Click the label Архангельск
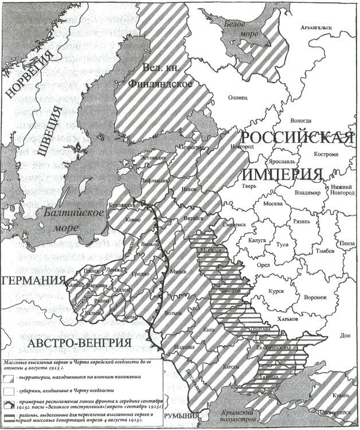318,27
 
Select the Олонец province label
239,97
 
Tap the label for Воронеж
314,297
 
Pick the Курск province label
277,291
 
